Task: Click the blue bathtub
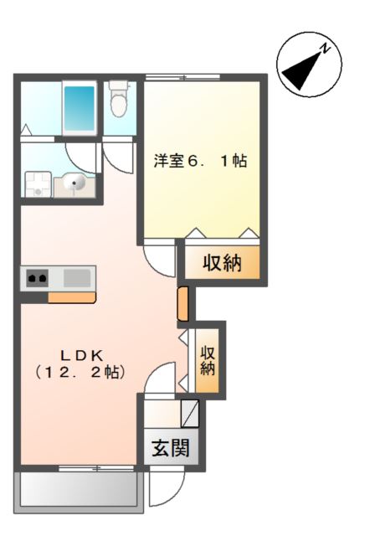pos(80,108)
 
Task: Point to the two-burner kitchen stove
pos(37,277)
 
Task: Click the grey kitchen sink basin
pos(75,277)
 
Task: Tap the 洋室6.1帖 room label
pos(199,162)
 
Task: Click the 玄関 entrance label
pos(170,447)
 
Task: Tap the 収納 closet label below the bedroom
pos(223,264)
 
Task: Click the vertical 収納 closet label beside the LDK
pos(208,360)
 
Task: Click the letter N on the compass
pos(328,48)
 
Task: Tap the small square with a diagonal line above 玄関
pos(190,413)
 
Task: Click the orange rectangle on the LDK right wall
pos(183,304)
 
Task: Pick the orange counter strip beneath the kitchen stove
pos(72,296)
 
